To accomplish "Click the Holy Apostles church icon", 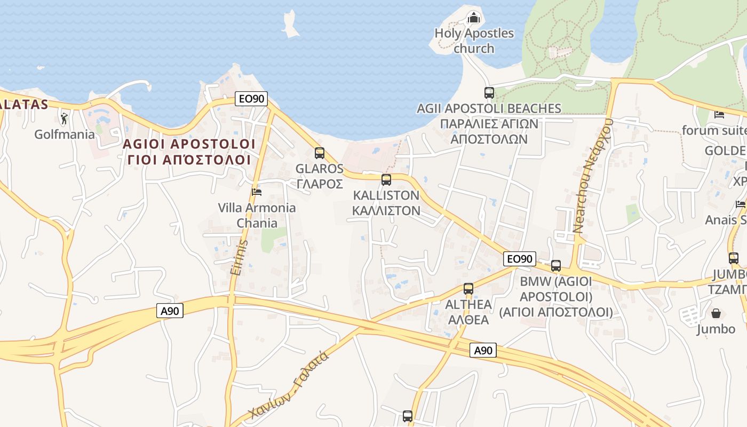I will point(474,18).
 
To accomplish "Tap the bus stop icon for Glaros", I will point(320,153).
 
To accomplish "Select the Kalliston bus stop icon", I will point(386,180).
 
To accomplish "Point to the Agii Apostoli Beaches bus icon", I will point(489,92).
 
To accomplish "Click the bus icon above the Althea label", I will point(468,289).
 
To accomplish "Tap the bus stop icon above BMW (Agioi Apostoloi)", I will point(556,265).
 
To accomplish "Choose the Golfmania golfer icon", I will point(65,118).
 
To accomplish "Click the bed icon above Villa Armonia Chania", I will point(257,192).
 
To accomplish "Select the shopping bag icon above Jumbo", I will point(716,313).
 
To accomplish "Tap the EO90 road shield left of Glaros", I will point(251,98).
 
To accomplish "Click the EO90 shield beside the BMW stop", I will point(519,259).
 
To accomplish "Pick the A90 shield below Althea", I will point(483,350).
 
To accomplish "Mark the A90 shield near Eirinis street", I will point(170,311).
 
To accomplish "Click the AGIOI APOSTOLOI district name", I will point(189,144).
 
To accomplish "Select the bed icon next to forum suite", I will point(719,114).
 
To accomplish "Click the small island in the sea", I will point(291,25).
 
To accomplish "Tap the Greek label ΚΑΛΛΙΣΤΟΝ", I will point(386,210).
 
